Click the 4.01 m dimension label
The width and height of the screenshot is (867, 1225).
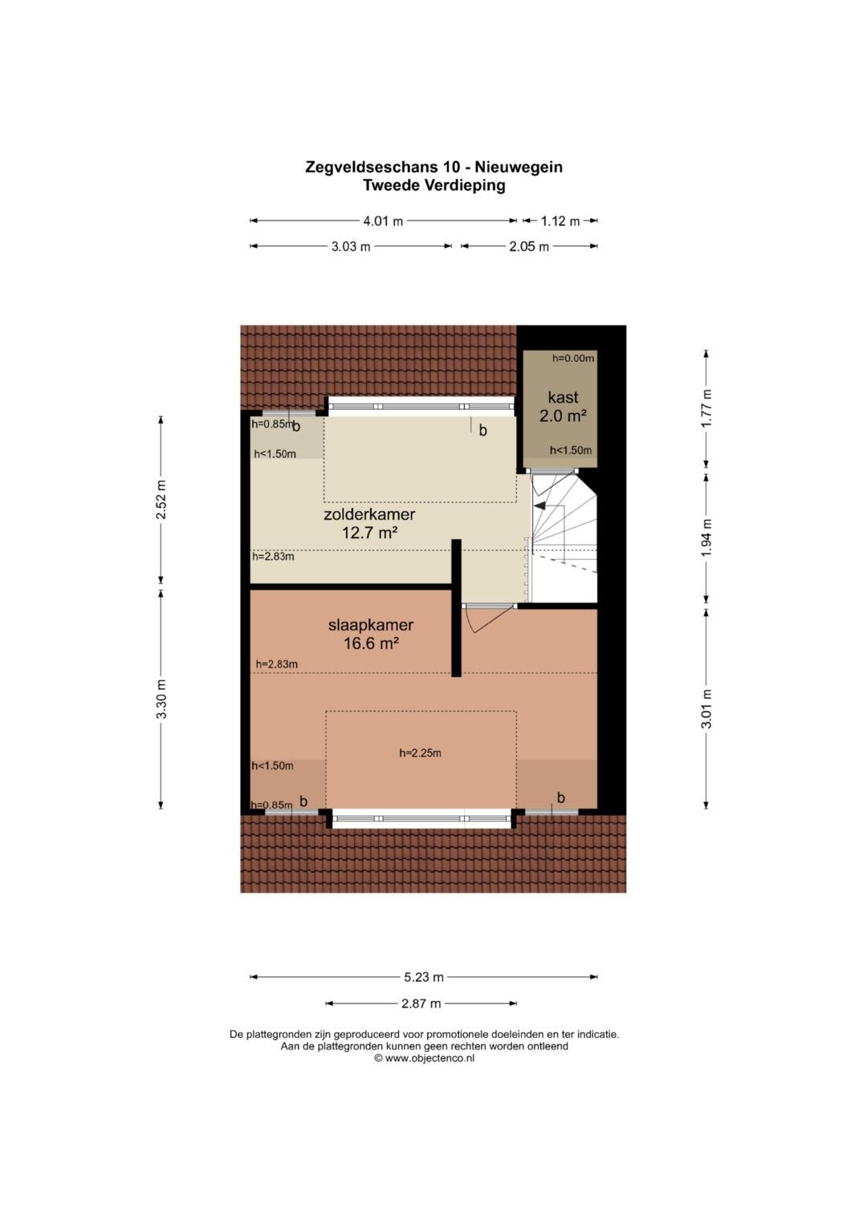tap(383, 221)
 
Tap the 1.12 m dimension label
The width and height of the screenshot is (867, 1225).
tap(560, 221)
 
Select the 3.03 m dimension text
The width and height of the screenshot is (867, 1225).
tap(351, 246)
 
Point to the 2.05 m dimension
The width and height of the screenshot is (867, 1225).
tap(529, 246)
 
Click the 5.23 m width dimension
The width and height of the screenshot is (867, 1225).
tap(423, 977)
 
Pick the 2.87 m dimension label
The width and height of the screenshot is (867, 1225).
tap(421, 1004)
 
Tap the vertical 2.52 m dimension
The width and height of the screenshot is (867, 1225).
tap(161, 501)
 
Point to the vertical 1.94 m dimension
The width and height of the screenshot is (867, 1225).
tap(706, 538)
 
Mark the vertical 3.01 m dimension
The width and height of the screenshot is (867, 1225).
tap(706, 708)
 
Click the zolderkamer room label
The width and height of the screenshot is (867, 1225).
tap(369, 514)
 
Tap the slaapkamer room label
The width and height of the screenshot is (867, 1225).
tap(371, 625)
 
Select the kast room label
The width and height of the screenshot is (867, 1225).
tap(563, 398)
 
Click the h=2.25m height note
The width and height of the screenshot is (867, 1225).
tap(421, 753)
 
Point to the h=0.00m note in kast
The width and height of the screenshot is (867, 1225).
tap(573, 359)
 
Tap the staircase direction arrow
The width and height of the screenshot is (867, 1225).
tap(541, 506)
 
